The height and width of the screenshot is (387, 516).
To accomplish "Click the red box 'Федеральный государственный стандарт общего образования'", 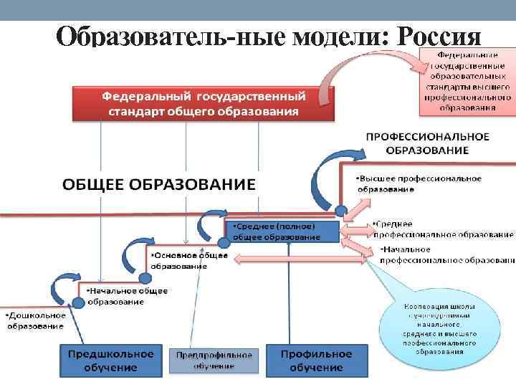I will coord(203,104).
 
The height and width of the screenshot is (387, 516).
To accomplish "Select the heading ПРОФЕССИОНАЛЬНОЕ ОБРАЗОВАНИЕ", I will coord(427,143).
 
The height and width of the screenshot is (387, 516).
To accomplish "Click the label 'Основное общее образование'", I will coord(188,259).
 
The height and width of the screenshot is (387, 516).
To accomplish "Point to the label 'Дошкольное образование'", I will coord(36,320).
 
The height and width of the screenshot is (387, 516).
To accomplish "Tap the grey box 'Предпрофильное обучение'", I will coord(214,360).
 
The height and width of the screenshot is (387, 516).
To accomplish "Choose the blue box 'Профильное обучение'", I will coord(316,360).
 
